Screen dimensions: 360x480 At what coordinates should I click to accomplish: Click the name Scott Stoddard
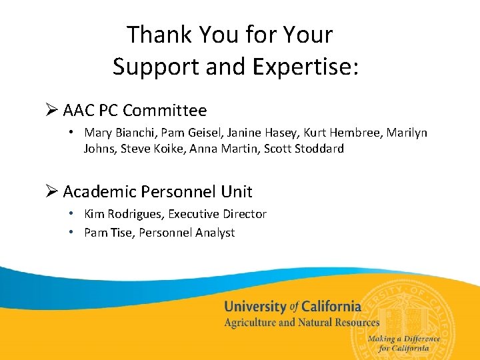[304, 149]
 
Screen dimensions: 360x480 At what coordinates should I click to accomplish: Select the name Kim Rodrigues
[123, 214]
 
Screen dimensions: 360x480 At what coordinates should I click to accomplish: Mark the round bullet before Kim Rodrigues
[71, 214]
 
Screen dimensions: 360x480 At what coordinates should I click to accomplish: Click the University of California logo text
[293, 307]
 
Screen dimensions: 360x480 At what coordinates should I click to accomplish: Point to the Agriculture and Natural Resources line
[301, 323]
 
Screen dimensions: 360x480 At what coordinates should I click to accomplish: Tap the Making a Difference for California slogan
[403, 343]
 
